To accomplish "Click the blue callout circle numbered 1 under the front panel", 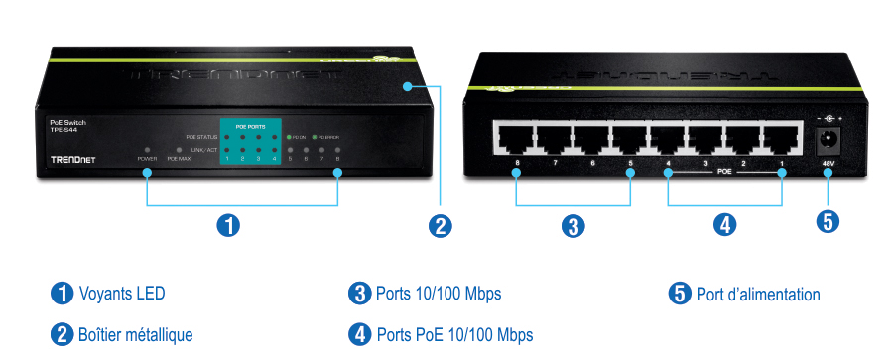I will click(x=228, y=225).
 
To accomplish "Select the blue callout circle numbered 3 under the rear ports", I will click(x=573, y=225).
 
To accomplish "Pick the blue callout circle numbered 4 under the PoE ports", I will click(x=725, y=225).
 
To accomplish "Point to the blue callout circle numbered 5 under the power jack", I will click(x=828, y=221).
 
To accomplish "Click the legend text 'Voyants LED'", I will click(x=121, y=294).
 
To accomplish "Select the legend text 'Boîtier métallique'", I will click(x=135, y=334).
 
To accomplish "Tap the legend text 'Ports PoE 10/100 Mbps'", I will click(x=453, y=334).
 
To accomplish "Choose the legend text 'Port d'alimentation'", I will click(x=758, y=294).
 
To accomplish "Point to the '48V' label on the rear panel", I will click(x=829, y=164).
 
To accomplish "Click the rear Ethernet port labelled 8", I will click(x=515, y=140).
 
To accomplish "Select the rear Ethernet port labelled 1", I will click(x=783, y=140).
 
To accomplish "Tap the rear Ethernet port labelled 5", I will click(x=629, y=140).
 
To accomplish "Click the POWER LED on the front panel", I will click(x=147, y=148).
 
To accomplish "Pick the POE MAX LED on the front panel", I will click(x=179, y=148).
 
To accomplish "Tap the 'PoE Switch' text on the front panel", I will click(x=67, y=121).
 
